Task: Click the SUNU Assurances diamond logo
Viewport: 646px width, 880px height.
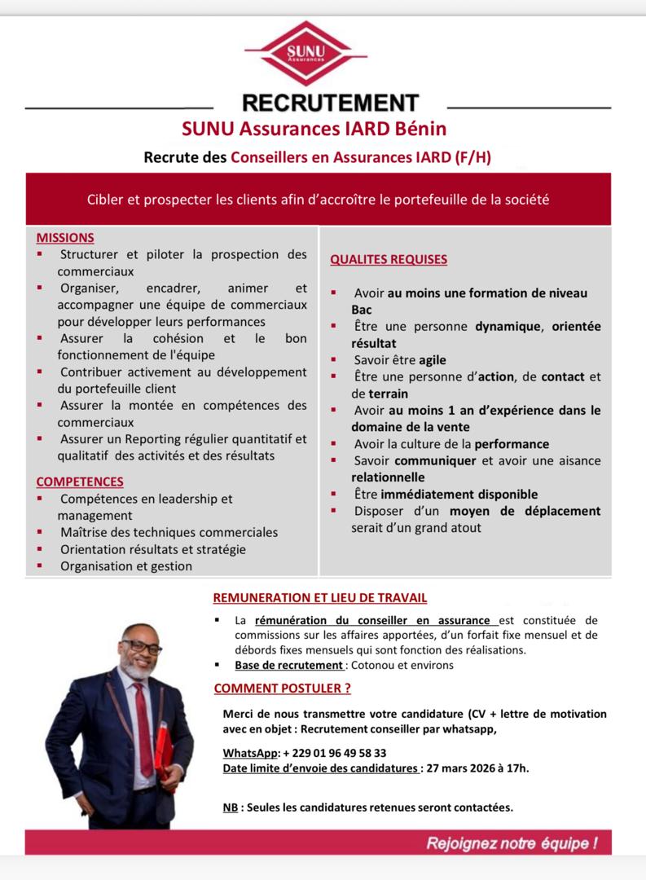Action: point(305,52)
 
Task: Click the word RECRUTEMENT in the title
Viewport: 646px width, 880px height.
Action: point(330,103)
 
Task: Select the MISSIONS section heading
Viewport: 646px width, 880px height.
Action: point(65,238)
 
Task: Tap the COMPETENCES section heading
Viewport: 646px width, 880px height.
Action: point(80,482)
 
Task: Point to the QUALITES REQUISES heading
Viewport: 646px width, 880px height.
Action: point(388,260)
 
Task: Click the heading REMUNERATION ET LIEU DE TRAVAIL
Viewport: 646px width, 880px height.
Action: point(320,598)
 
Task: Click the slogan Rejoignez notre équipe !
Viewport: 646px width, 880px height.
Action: point(512,843)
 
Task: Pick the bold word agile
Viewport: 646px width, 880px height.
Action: point(433,359)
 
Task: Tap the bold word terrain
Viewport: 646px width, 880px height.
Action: point(373,393)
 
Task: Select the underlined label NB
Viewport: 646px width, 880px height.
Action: point(231,807)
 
